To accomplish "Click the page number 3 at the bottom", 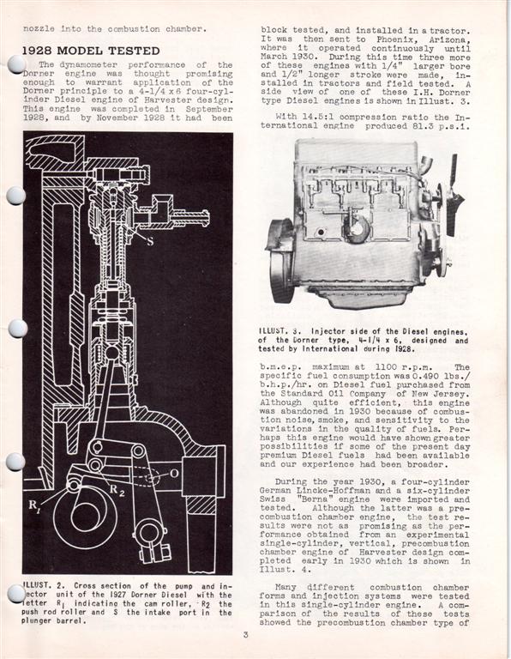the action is [245, 635].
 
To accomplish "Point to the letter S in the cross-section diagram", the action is [149, 241].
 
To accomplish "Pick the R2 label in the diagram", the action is [114, 489].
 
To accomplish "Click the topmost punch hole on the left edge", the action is [15, 64].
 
